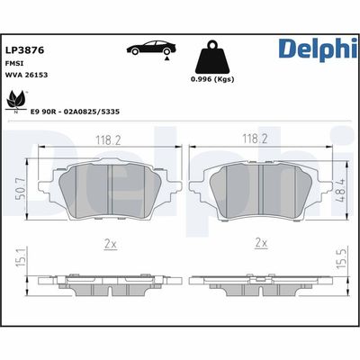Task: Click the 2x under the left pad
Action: (x=108, y=242)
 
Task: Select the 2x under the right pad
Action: (x=261, y=242)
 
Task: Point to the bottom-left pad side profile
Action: (x=108, y=283)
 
